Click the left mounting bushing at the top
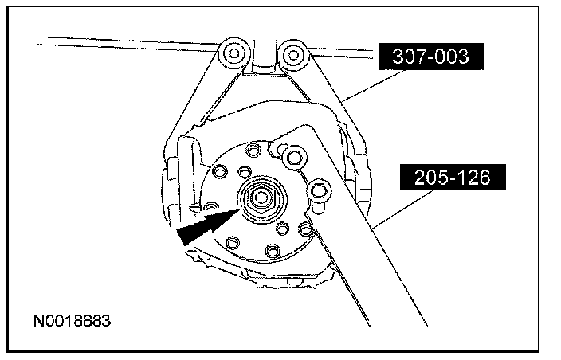coord(233,54)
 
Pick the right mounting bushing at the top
coord(295,55)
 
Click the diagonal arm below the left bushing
coord(203,96)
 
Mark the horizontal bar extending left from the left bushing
coord(120,41)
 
